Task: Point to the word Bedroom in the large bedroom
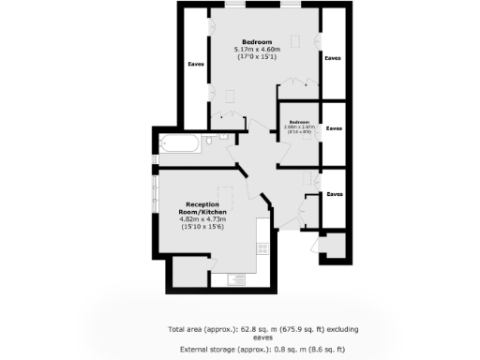coord(257,43)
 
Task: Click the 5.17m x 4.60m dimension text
coord(257,51)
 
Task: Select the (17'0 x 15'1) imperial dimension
coord(257,58)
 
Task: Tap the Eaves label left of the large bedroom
coord(196,64)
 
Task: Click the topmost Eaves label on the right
coord(333,58)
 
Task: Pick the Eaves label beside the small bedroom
coord(334,127)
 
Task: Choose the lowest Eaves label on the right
coord(334,194)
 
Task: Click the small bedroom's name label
coord(299,123)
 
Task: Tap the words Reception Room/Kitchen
coord(202,208)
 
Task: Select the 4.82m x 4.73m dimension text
coord(202,219)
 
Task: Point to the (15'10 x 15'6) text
coord(202,228)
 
